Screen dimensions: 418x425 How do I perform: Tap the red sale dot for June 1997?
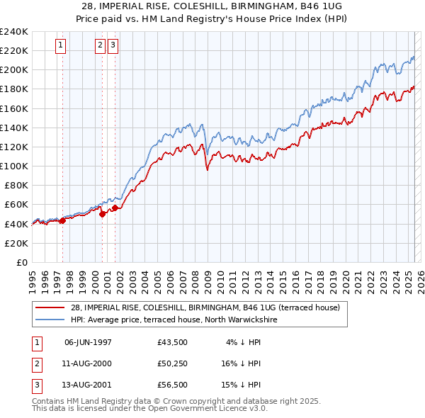click(x=62, y=220)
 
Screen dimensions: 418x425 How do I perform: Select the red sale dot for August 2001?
click(x=114, y=208)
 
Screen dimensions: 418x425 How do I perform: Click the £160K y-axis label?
click(x=16, y=108)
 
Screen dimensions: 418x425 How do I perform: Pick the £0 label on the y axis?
click(x=21, y=262)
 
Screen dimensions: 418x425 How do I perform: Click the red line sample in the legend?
click(x=50, y=307)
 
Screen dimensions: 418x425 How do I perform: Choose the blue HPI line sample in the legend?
click(x=50, y=320)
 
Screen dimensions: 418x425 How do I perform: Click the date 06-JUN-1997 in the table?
click(x=88, y=341)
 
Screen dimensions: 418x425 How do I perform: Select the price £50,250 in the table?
click(x=173, y=363)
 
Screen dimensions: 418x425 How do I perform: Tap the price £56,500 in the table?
click(x=173, y=385)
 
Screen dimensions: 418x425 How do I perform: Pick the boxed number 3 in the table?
click(x=36, y=385)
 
